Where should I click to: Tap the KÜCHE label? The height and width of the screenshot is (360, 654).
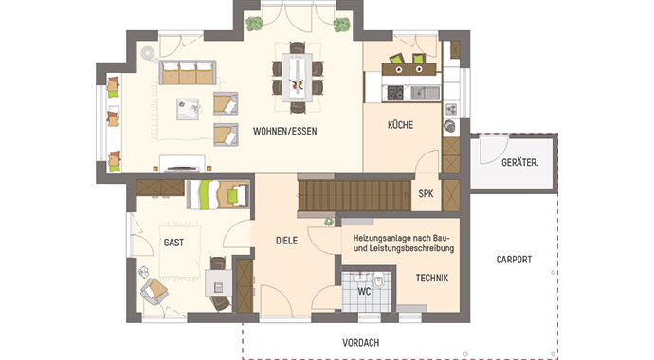click(x=401, y=125)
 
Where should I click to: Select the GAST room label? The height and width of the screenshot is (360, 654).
click(x=173, y=243)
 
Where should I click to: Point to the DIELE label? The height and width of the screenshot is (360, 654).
click(x=287, y=241)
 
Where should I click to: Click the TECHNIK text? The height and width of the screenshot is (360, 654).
click(x=431, y=278)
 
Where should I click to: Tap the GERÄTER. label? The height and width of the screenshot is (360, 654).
click(x=519, y=162)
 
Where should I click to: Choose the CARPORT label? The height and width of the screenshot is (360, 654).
click(x=513, y=259)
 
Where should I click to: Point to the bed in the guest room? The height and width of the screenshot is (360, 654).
click(x=216, y=195)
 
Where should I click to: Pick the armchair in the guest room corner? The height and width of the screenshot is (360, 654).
click(x=153, y=289)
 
